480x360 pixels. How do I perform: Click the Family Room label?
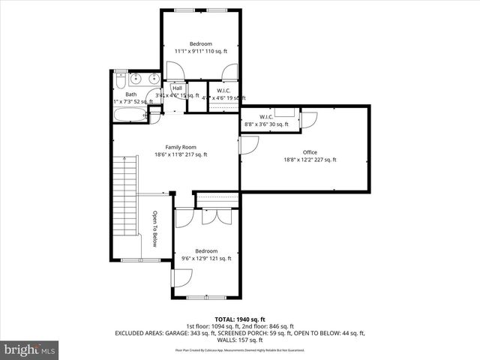[x=181, y=147]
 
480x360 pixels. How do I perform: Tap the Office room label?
[x=310, y=152]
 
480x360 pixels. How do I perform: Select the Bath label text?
[x=130, y=94]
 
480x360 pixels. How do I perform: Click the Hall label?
[x=177, y=88]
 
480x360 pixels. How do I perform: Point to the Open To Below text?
[x=154, y=229]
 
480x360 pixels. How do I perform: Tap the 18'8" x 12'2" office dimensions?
[x=310, y=160]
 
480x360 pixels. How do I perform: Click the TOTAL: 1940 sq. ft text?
[x=239, y=319]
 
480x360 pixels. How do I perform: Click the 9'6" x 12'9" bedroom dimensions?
[x=206, y=259]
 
